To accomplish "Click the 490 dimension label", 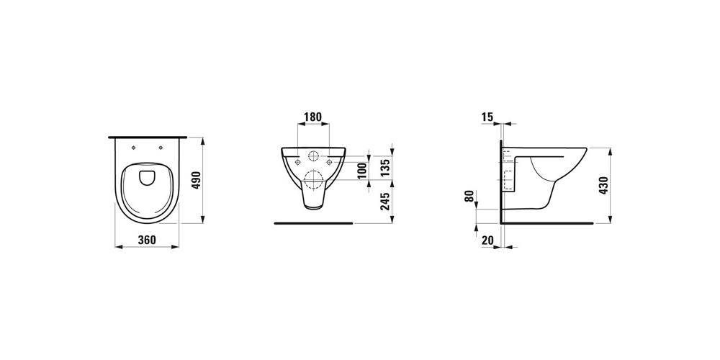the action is [x=196, y=181].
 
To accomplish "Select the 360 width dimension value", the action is [x=147, y=240].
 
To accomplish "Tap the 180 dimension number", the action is [x=313, y=117].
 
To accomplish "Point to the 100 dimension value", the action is [x=362, y=171].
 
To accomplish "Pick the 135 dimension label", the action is [x=386, y=167].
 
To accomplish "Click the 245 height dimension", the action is [x=386, y=201].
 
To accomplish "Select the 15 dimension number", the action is [x=487, y=117].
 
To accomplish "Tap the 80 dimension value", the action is [x=469, y=196].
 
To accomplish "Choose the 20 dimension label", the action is [x=487, y=239].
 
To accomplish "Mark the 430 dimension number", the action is [x=603, y=186].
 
